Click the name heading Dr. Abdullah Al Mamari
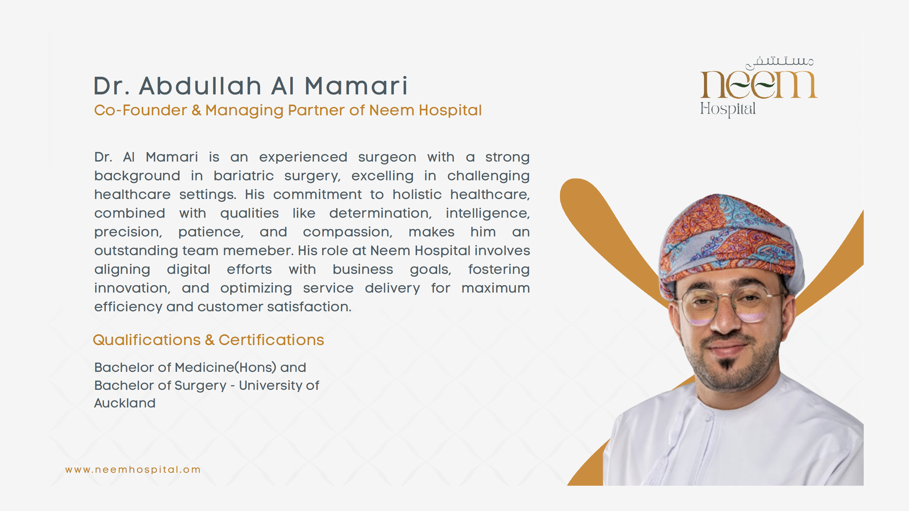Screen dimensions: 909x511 coord(251,86)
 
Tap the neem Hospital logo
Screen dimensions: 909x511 coord(759,87)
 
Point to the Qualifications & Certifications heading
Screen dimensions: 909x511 coord(208,340)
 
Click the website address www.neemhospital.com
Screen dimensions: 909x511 coord(133,469)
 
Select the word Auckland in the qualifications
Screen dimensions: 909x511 coord(125,403)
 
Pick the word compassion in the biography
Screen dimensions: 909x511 coord(347,232)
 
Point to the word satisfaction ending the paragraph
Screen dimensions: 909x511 coord(309,307)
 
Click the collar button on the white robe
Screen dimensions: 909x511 coord(708,418)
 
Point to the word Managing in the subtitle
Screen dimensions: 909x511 coord(244,111)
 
